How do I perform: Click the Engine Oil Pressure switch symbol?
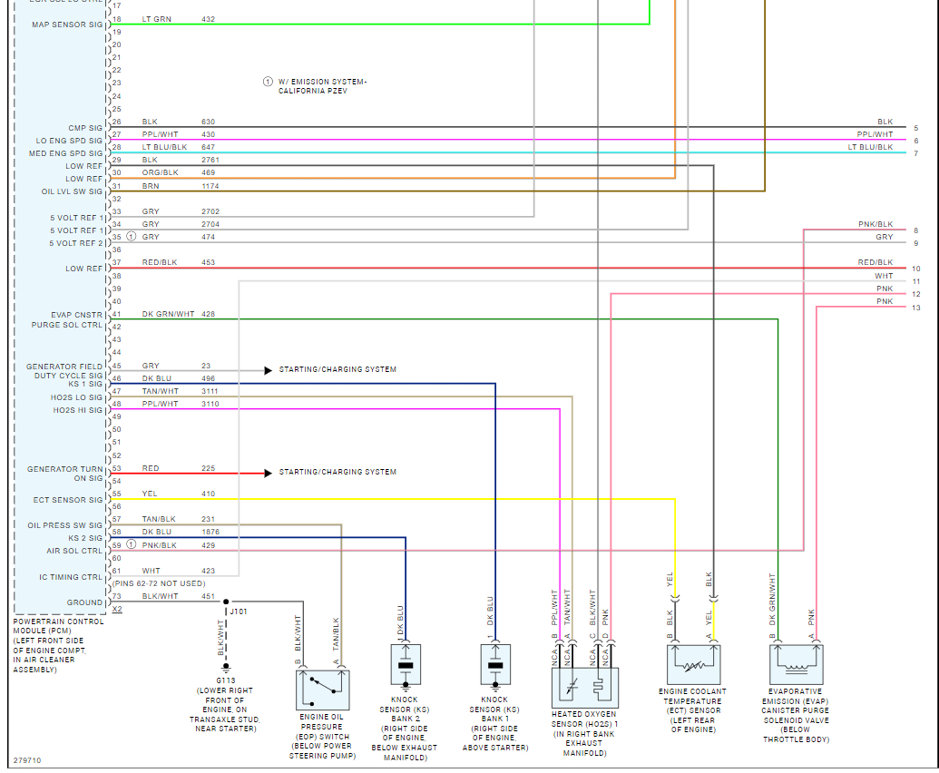324,690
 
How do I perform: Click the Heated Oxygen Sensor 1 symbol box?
585,688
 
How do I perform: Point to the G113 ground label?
226,680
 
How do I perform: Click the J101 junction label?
239,612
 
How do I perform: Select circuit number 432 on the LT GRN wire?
208,18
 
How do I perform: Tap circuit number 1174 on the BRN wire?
210,186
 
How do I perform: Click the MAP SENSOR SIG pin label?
68,24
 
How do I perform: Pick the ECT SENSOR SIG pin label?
69,500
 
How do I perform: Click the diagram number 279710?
27,760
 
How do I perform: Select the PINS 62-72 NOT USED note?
159,583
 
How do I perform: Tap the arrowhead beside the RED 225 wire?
268,473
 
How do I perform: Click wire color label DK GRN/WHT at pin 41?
168,314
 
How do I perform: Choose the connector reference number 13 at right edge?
916,308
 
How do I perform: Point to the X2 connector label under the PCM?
116,610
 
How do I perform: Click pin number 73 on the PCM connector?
116,596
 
